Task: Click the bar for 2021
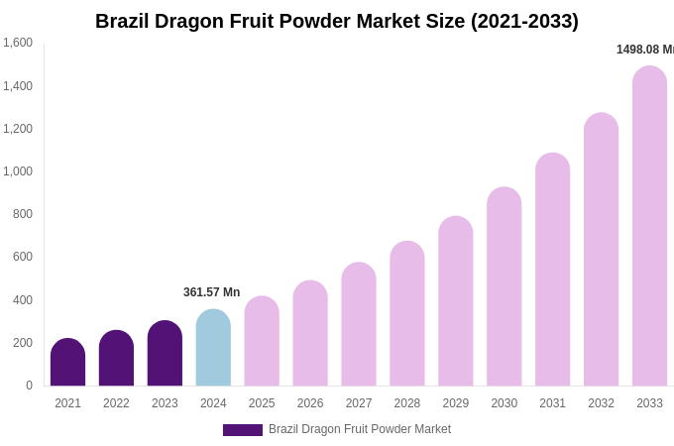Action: coord(67,363)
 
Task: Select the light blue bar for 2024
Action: coord(213,348)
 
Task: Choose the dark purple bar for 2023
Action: coord(165,354)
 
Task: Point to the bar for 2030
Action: coord(504,286)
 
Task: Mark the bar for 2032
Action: coord(601,250)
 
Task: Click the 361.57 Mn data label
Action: coord(211,292)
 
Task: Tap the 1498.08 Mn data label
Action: coord(644,50)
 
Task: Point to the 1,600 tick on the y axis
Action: coord(18,43)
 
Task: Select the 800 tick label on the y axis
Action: coord(23,214)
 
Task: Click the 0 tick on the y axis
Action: coord(29,386)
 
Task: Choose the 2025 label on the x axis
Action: coord(262,403)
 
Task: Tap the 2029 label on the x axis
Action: coord(456,403)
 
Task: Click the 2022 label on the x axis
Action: coord(116,403)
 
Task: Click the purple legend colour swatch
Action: coord(243,430)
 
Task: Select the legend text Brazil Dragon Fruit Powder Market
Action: coord(360,429)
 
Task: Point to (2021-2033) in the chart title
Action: coord(524,21)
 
